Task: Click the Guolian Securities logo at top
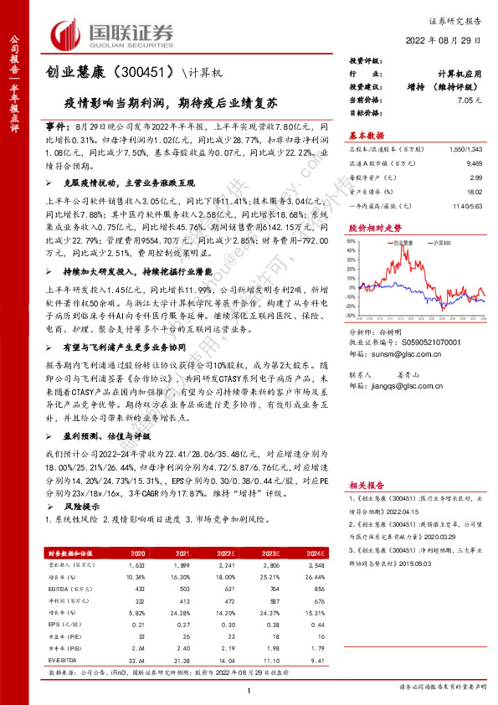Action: click(x=112, y=33)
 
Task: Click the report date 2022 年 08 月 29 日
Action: click(x=447, y=39)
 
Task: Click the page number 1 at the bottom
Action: click(x=249, y=688)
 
